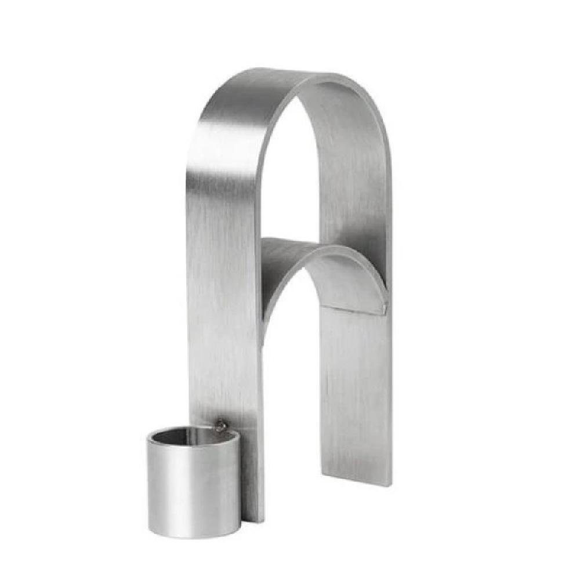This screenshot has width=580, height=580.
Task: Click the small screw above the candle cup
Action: tap(220, 426)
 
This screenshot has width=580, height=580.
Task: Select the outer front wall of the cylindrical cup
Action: tap(191, 487)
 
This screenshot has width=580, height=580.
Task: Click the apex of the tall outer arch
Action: tap(302, 78)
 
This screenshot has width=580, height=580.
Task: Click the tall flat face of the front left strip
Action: tap(223, 290)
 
